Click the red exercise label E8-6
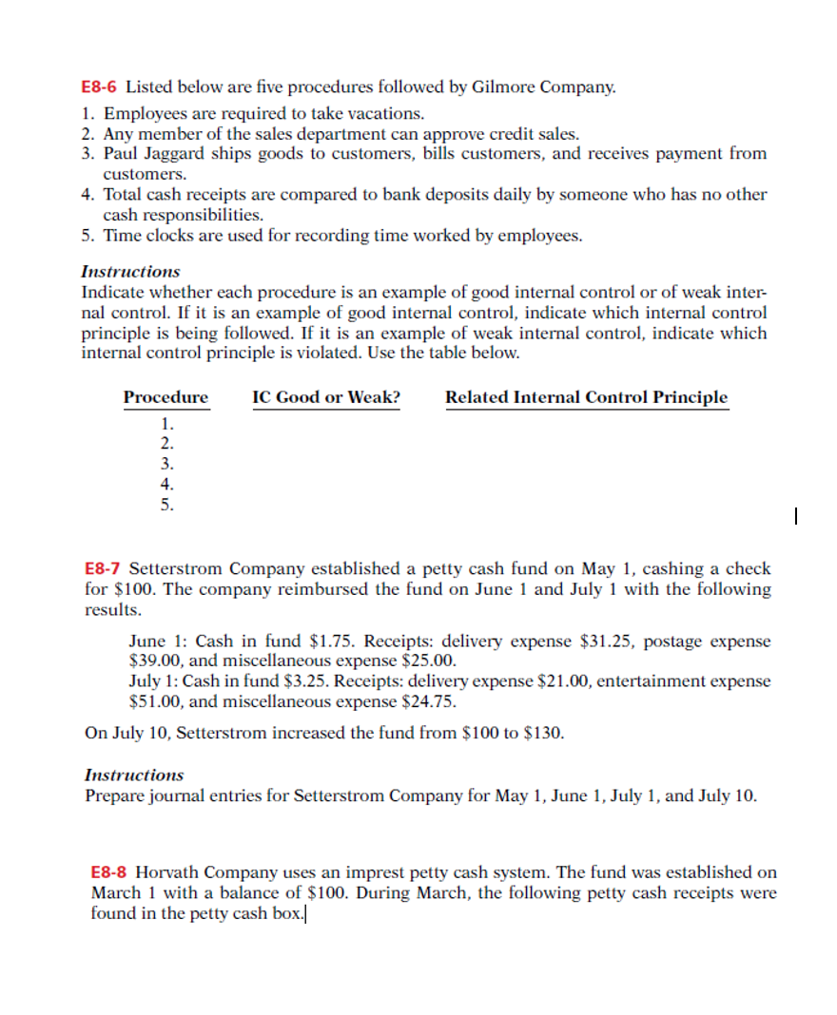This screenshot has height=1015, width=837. [100, 87]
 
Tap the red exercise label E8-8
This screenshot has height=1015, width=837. [109, 871]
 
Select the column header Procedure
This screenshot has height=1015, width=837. [165, 397]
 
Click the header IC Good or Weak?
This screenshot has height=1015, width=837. [326, 397]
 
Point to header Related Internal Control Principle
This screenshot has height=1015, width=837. [586, 397]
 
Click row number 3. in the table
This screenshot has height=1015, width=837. [167, 464]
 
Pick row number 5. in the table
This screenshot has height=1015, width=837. [167, 505]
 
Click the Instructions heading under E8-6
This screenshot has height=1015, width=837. [130, 271]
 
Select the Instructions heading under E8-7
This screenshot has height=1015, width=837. [134, 775]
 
